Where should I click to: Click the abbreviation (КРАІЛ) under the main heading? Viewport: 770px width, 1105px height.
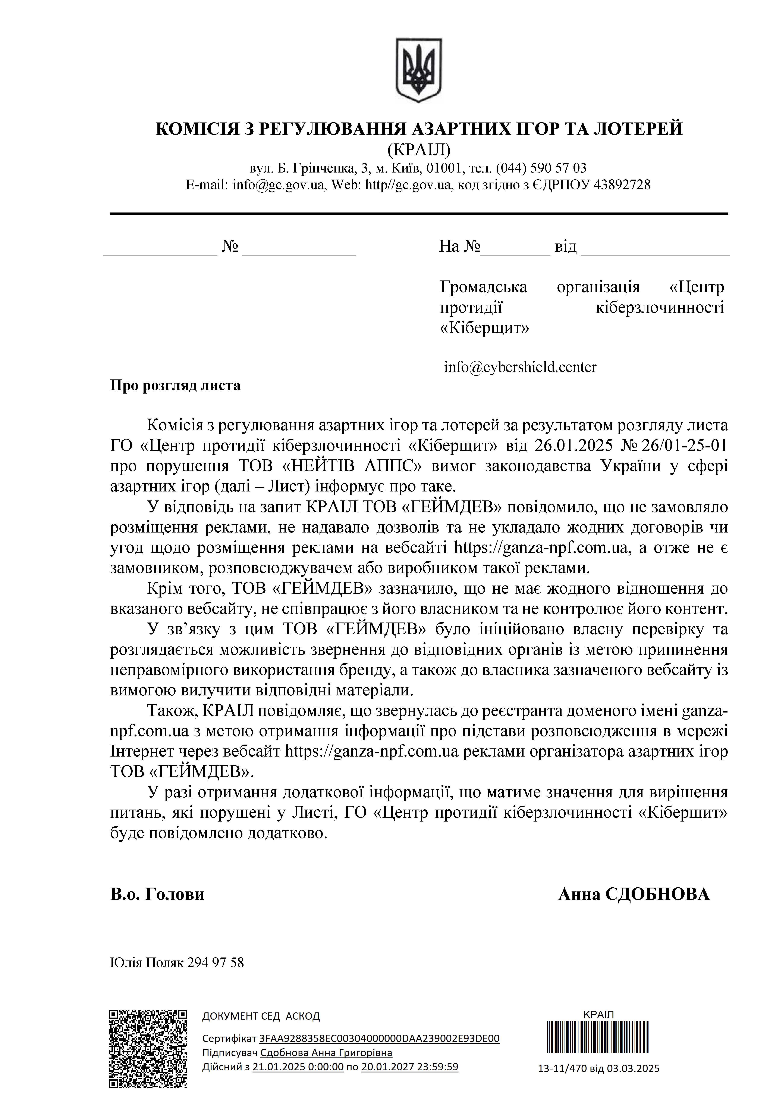point(419,150)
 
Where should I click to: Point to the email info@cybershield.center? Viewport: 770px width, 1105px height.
point(520,367)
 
